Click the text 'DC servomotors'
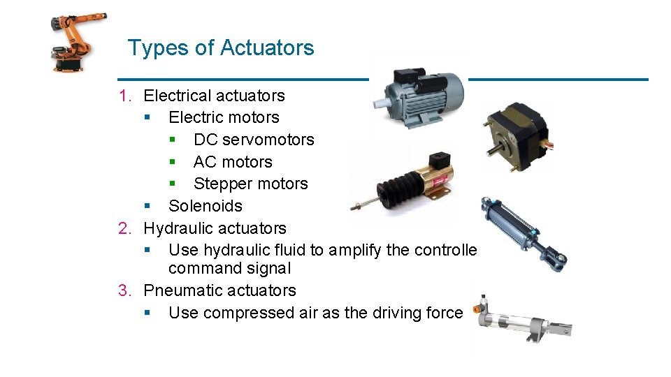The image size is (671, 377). coord(254,140)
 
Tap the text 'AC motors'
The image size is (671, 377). coord(233,162)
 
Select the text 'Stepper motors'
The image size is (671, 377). coord(250,184)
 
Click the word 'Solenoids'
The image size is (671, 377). coord(205,206)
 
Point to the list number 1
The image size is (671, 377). coord(124,96)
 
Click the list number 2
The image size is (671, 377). coord(124,228)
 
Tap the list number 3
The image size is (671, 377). coord(124,290)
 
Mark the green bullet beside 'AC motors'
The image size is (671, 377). coord(172,162)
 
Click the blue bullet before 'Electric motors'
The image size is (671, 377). coord(147,117)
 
